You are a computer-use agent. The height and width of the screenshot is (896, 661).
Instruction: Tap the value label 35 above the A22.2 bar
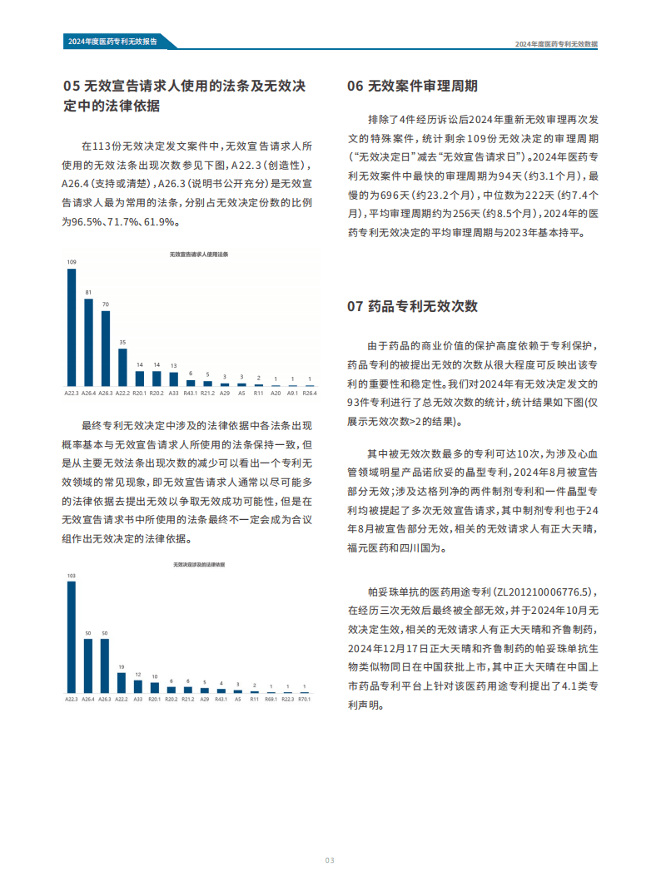pyautogui.click(x=122, y=342)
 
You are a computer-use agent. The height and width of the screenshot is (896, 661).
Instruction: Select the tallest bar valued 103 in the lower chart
pyautogui.click(x=72, y=636)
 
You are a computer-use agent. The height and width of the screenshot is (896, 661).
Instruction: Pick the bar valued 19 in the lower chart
pyautogui.click(x=122, y=682)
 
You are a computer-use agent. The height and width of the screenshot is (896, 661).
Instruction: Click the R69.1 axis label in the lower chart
pyautogui.click(x=271, y=700)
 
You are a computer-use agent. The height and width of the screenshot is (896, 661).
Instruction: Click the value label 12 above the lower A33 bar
pyautogui.click(x=138, y=675)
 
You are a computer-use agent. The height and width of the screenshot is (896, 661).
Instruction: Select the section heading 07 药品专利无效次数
pyautogui.click(x=412, y=306)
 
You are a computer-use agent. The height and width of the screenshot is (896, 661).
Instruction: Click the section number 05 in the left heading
pyautogui.click(x=72, y=87)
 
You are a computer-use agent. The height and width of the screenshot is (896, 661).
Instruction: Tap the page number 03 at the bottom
pyautogui.click(x=330, y=859)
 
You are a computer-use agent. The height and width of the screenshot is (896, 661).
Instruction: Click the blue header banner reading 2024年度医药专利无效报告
pyautogui.click(x=117, y=42)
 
